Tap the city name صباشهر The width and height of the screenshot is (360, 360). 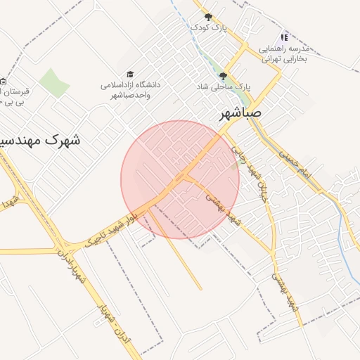[240, 112]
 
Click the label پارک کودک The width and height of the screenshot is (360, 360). [210, 27]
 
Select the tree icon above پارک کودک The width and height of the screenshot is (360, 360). [207, 16]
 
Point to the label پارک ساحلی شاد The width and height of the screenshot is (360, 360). [224, 86]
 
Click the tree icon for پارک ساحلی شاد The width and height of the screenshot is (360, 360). [224, 75]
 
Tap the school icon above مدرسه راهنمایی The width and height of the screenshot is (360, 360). [284, 37]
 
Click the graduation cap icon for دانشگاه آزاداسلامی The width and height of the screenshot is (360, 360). [130, 74]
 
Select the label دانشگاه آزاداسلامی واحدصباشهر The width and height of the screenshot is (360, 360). [130, 89]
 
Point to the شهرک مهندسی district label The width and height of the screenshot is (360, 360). [39, 140]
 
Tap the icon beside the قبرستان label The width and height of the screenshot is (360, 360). [3, 81]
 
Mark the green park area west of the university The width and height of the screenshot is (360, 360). [53, 82]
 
